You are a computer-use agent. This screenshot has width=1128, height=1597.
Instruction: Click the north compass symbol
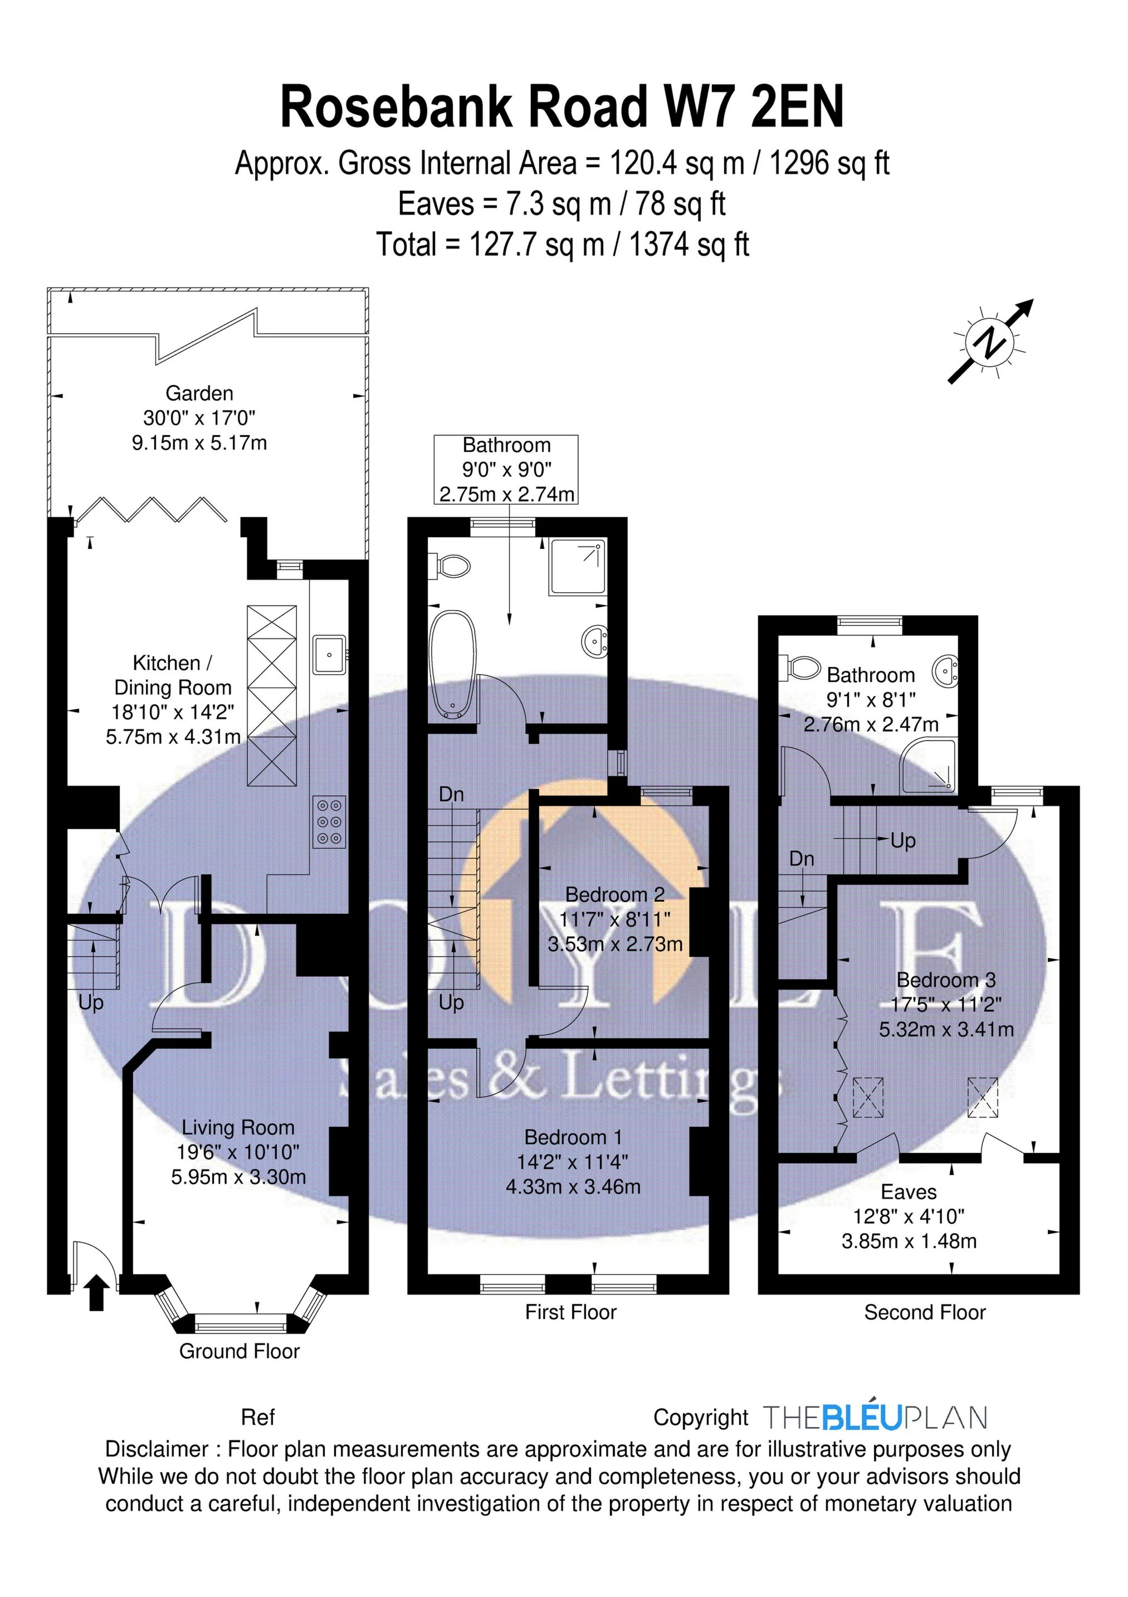click(x=992, y=341)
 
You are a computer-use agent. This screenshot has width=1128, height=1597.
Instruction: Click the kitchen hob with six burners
click(x=330, y=822)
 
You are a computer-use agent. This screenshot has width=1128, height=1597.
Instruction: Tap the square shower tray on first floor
click(x=577, y=566)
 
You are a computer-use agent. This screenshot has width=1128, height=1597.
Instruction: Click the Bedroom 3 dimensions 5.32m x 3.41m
click(x=946, y=1029)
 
